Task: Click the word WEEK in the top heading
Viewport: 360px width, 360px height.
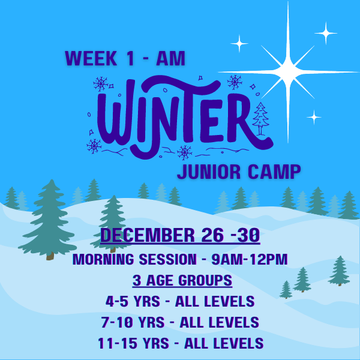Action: [91, 58]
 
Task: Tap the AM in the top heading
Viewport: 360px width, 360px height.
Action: [170, 58]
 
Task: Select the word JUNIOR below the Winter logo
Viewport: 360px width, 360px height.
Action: [209, 172]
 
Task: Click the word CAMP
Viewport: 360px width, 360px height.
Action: [274, 172]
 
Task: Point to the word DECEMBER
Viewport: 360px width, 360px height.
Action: [148, 235]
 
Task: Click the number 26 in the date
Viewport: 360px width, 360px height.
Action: [212, 235]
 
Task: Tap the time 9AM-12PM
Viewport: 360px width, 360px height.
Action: [250, 259]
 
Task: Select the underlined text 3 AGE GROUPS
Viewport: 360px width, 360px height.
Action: [182, 280]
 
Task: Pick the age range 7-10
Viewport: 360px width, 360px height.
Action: [117, 322]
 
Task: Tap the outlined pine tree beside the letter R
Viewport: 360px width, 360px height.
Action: [260, 118]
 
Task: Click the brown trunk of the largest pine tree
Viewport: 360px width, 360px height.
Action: [50, 256]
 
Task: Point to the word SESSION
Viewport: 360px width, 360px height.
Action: [167, 259]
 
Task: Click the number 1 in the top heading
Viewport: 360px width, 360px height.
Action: [130, 58]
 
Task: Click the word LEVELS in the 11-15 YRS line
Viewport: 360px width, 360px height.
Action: [238, 343]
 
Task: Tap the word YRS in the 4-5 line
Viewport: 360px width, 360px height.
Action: [147, 301]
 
